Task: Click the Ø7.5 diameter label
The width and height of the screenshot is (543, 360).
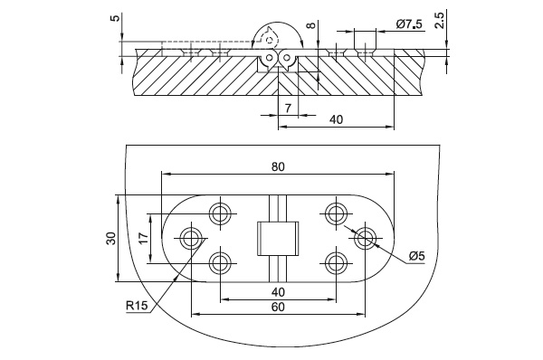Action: point(410,24)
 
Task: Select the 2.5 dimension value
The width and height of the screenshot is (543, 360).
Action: point(439,20)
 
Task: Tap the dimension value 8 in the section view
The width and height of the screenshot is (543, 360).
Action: point(312,25)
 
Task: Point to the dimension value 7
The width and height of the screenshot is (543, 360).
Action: point(288,108)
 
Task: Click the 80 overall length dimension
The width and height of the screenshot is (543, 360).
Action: point(278,166)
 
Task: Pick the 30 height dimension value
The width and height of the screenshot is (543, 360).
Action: point(111,239)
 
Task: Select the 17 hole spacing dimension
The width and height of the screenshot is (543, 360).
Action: point(143,238)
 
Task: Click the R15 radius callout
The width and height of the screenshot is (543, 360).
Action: point(137,306)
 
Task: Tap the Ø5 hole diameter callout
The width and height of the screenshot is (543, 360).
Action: point(416,256)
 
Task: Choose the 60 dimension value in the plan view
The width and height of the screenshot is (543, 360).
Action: point(278,307)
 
